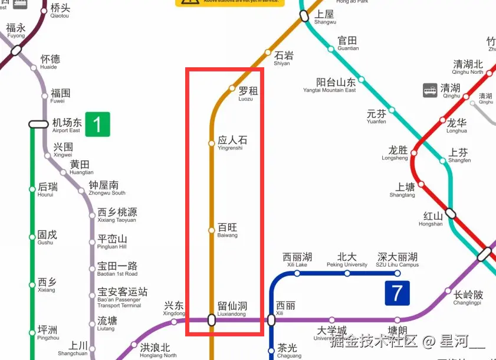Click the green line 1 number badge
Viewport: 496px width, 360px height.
point(97,124)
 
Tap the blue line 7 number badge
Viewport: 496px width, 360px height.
point(397,293)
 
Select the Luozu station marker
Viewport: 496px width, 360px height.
point(232,89)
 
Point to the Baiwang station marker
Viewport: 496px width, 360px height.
point(212,230)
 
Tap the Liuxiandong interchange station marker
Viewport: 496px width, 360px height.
point(212,320)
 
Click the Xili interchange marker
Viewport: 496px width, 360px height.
point(271,320)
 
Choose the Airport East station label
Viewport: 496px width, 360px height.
point(67,125)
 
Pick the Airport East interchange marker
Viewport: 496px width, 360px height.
point(38,124)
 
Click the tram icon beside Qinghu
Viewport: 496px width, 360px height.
point(430,90)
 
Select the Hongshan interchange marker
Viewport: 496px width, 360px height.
point(451,213)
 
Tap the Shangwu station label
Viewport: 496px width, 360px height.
point(325,17)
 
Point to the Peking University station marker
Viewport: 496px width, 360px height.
point(347,273)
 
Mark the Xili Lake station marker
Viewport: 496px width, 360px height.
point(297,273)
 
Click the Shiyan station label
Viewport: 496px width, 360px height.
point(283,58)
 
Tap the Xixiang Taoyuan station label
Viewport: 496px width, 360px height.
point(117,215)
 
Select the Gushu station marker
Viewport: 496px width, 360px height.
point(32,237)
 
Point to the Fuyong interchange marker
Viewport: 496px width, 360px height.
point(17,50)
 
